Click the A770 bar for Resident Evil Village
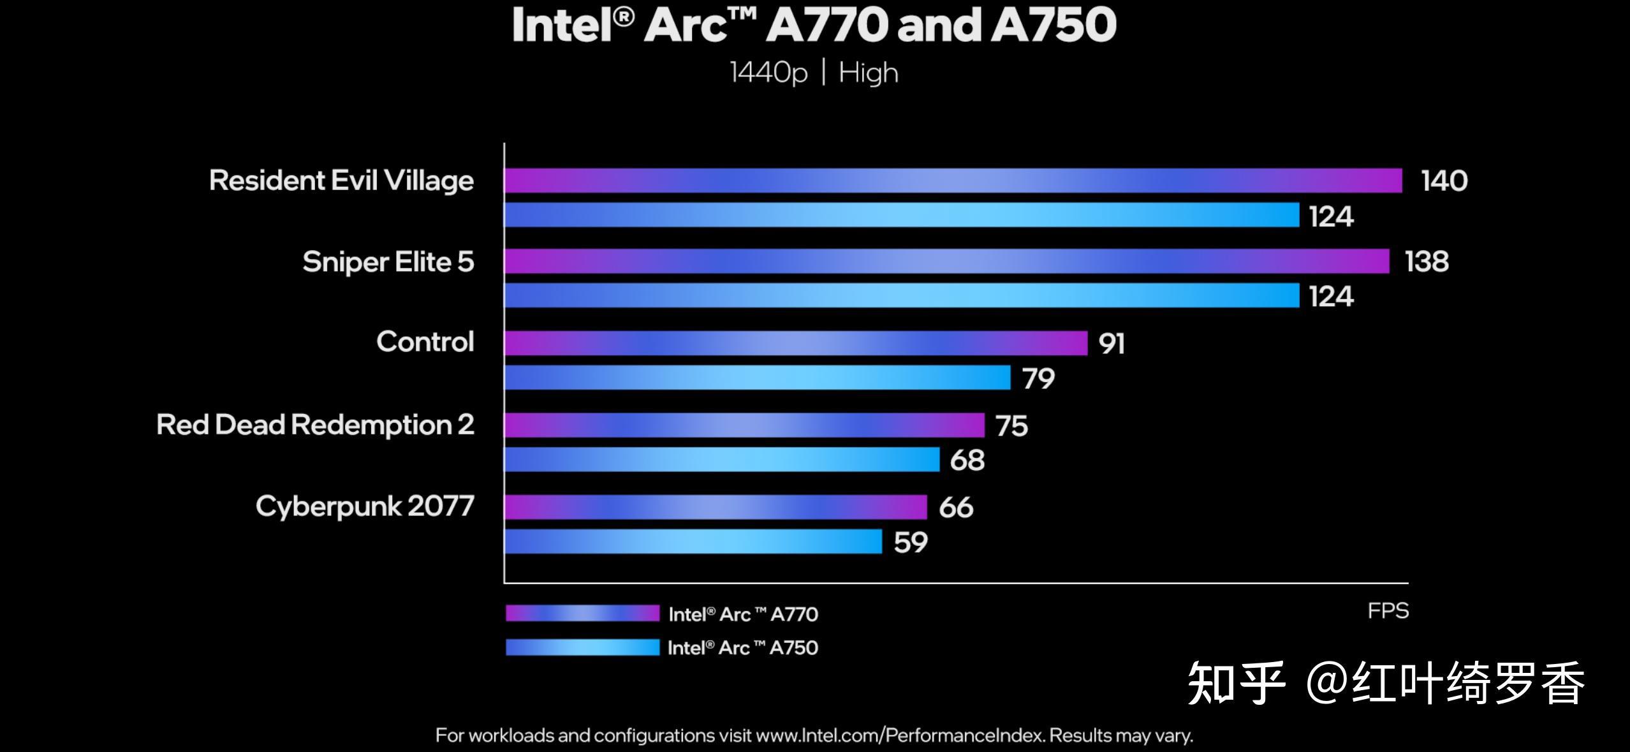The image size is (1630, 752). (953, 181)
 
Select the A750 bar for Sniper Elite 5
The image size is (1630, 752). (902, 295)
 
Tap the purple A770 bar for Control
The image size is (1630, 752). (796, 343)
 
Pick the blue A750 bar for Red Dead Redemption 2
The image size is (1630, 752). (722, 459)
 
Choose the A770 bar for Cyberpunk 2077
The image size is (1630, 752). (716, 507)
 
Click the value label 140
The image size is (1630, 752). (1444, 181)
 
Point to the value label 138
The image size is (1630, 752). (1427, 262)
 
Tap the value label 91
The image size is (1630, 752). (1111, 344)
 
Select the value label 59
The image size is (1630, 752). (910, 542)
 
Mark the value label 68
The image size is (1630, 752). (967, 460)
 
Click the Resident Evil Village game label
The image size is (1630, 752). (341, 181)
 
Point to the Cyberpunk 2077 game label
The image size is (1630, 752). (365, 506)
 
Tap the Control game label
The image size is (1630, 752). (425, 342)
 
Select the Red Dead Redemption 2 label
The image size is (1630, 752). (315, 425)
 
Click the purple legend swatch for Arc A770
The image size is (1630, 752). (582, 613)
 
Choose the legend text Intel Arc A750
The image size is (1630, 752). (742, 648)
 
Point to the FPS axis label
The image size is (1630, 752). (1388, 611)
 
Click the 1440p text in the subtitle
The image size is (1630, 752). (768, 73)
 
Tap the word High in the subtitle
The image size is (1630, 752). (868, 73)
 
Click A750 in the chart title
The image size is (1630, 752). (1053, 26)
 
